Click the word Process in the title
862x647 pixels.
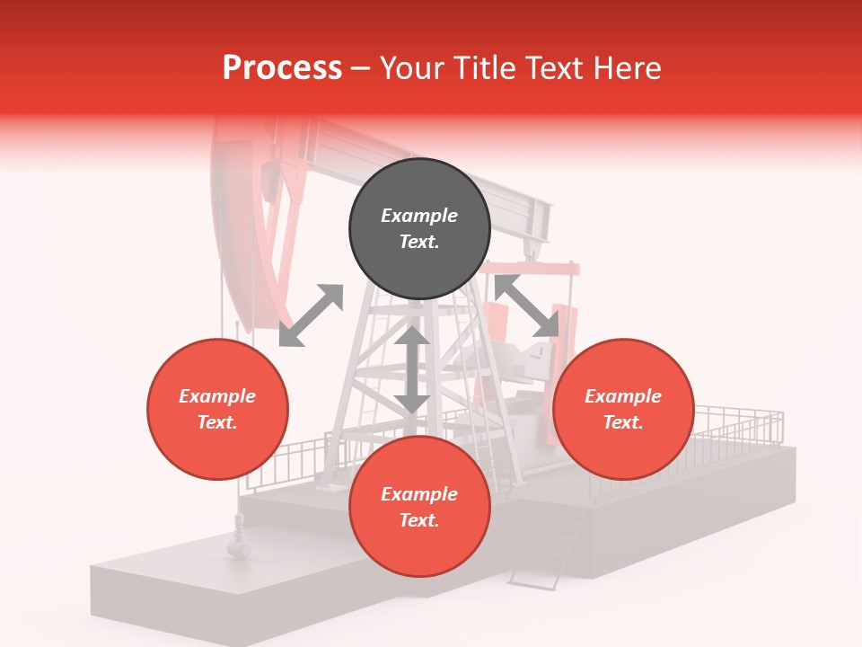[282, 68]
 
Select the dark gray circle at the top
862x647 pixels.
[419, 229]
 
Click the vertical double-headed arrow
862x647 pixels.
[411, 369]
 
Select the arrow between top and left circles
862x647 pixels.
[312, 315]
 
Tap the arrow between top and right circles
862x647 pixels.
[525, 306]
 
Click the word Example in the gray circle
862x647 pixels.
[419, 216]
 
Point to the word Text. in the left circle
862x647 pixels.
[217, 422]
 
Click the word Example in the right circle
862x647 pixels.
[623, 396]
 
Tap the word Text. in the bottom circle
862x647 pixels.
[419, 520]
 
